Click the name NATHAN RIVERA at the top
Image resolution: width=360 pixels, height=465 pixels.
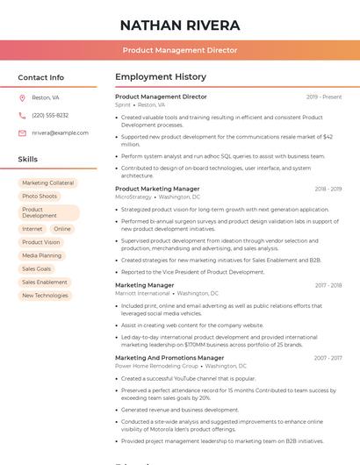tap(180, 25)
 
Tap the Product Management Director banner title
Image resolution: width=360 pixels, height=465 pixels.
tap(180, 50)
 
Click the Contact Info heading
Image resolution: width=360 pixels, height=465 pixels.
tap(40, 77)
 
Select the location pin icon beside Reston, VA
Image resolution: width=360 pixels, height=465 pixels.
tap(22, 97)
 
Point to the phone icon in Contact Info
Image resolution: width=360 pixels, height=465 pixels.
tap(22, 115)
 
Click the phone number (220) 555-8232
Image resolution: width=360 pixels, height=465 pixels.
tap(50, 115)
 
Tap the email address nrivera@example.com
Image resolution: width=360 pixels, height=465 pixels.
tap(60, 132)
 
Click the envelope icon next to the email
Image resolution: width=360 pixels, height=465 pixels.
tap(22, 133)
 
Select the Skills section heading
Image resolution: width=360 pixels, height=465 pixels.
tap(28, 160)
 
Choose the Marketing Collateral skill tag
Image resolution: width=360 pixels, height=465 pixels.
tap(48, 183)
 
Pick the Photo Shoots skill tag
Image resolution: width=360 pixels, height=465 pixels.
tap(40, 196)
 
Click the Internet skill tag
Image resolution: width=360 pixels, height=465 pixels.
tap(32, 229)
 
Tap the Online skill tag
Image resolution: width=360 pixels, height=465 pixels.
tap(62, 229)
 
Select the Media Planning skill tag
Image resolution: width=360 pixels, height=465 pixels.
tap(42, 255)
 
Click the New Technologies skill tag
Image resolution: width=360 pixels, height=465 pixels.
tap(45, 296)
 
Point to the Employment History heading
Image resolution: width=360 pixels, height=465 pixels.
tap(161, 77)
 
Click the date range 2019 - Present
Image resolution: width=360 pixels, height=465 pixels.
tap(324, 97)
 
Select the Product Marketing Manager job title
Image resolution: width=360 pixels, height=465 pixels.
tap(157, 189)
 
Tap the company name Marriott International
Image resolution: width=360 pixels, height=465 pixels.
tap(142, 293)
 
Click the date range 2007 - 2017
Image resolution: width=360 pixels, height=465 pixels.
tap(328, 358)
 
